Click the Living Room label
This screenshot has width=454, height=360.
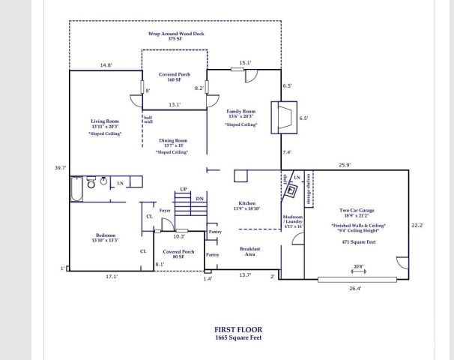point(101,121)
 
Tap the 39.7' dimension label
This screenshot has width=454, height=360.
point(60,168)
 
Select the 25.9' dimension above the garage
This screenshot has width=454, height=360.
point(345,164)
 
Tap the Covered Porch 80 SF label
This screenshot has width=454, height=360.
point(179,253)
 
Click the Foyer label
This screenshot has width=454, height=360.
point(165,211)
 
